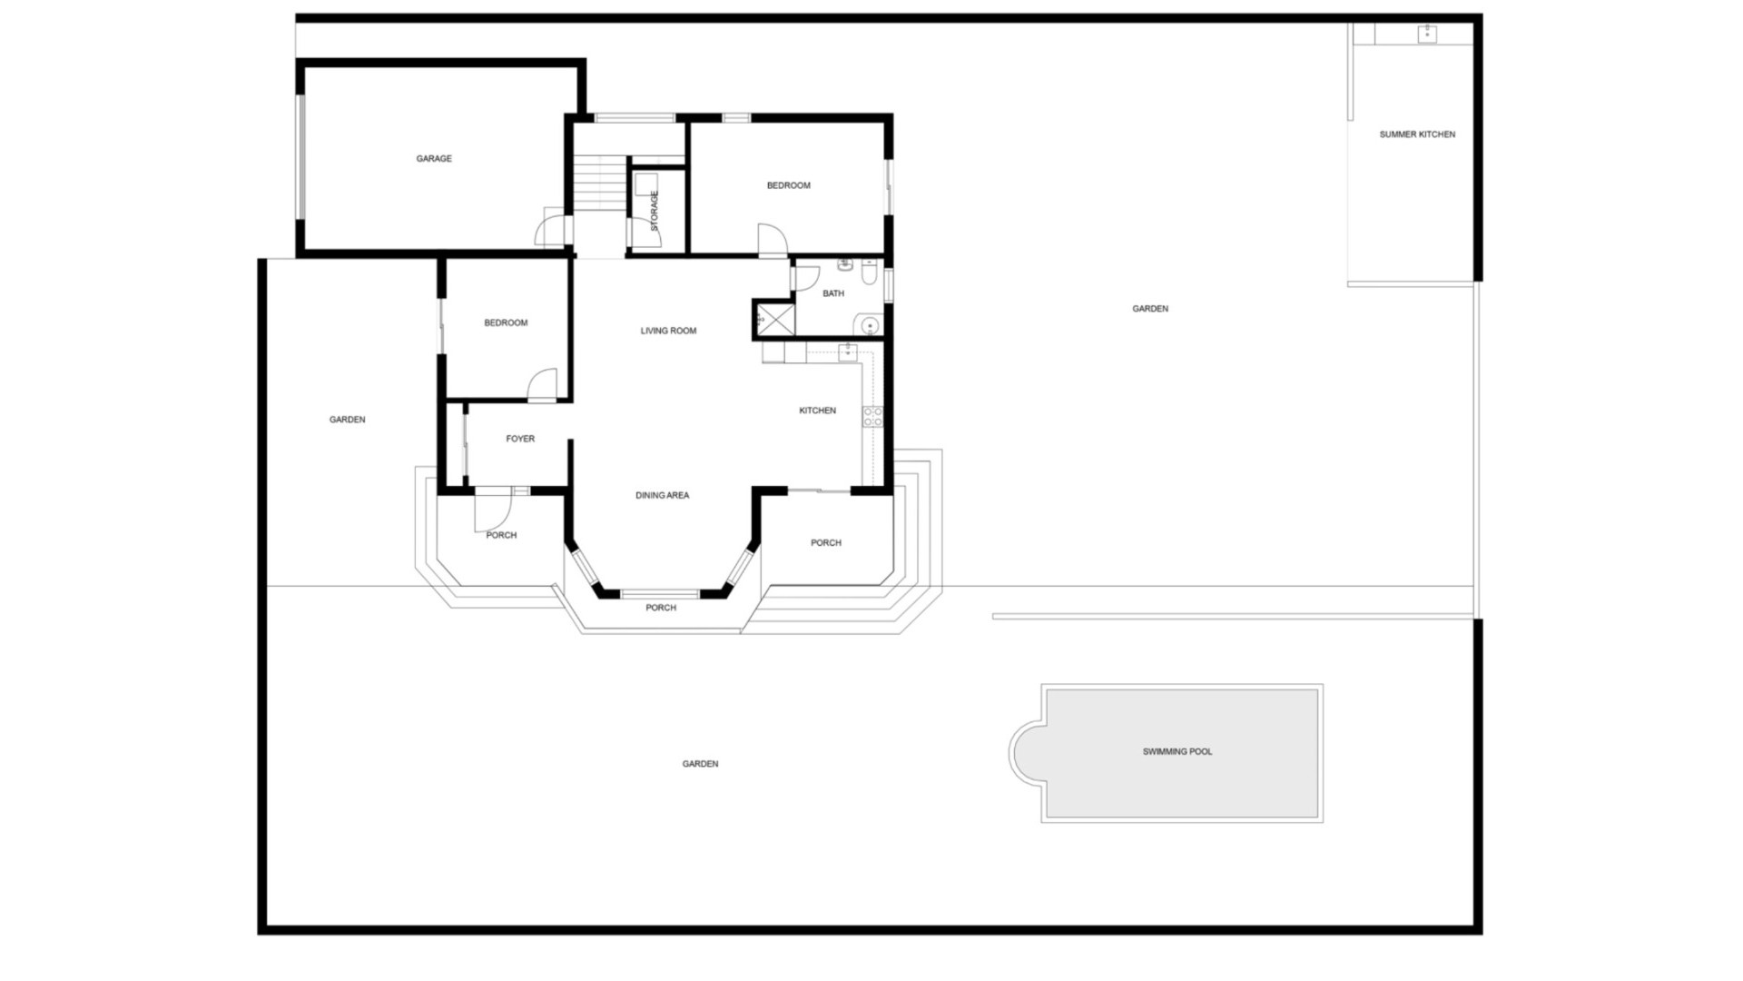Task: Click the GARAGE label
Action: pos(434,159)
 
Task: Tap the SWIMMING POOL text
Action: pos(1177,752)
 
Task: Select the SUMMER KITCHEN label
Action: pos(1416,134)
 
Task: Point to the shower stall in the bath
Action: pos(775,320)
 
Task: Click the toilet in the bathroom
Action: pos(869,271)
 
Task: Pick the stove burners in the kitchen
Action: pos(871,417)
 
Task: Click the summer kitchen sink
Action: pos(1426,35)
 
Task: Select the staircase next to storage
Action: pos(599,183)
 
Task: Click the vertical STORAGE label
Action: pos(655,210)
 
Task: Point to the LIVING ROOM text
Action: pos(668,332)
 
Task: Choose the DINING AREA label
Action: pos(662,496)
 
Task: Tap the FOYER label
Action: pos(520,440)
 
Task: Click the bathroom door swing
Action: pos(806,276)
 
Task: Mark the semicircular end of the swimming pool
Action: pos(1028,752)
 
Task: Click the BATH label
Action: pos(832,294)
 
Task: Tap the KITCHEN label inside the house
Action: pos(817,411)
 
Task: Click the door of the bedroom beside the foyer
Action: pos(542,385)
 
